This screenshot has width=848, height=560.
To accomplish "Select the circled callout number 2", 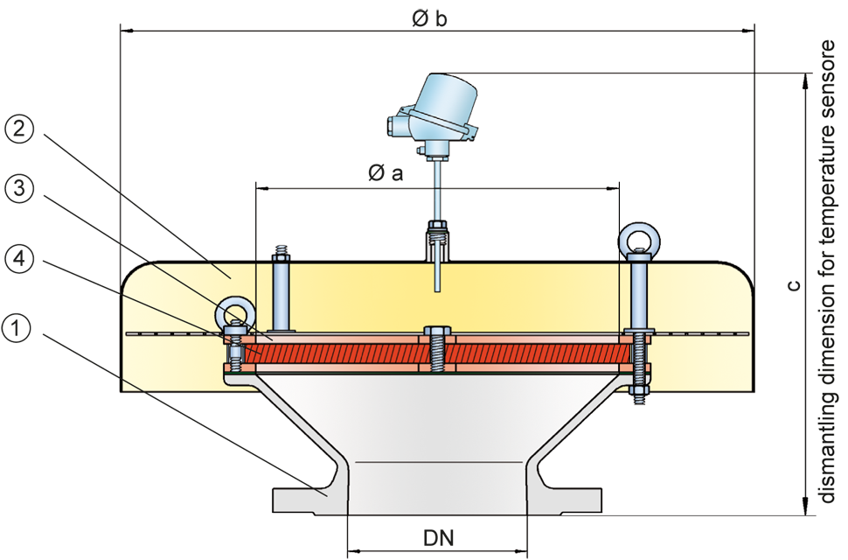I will [x=20, y=131].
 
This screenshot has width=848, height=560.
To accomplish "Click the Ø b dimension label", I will [x=429, y=17].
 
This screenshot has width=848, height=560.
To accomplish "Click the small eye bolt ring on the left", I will [x=233, y=312].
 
